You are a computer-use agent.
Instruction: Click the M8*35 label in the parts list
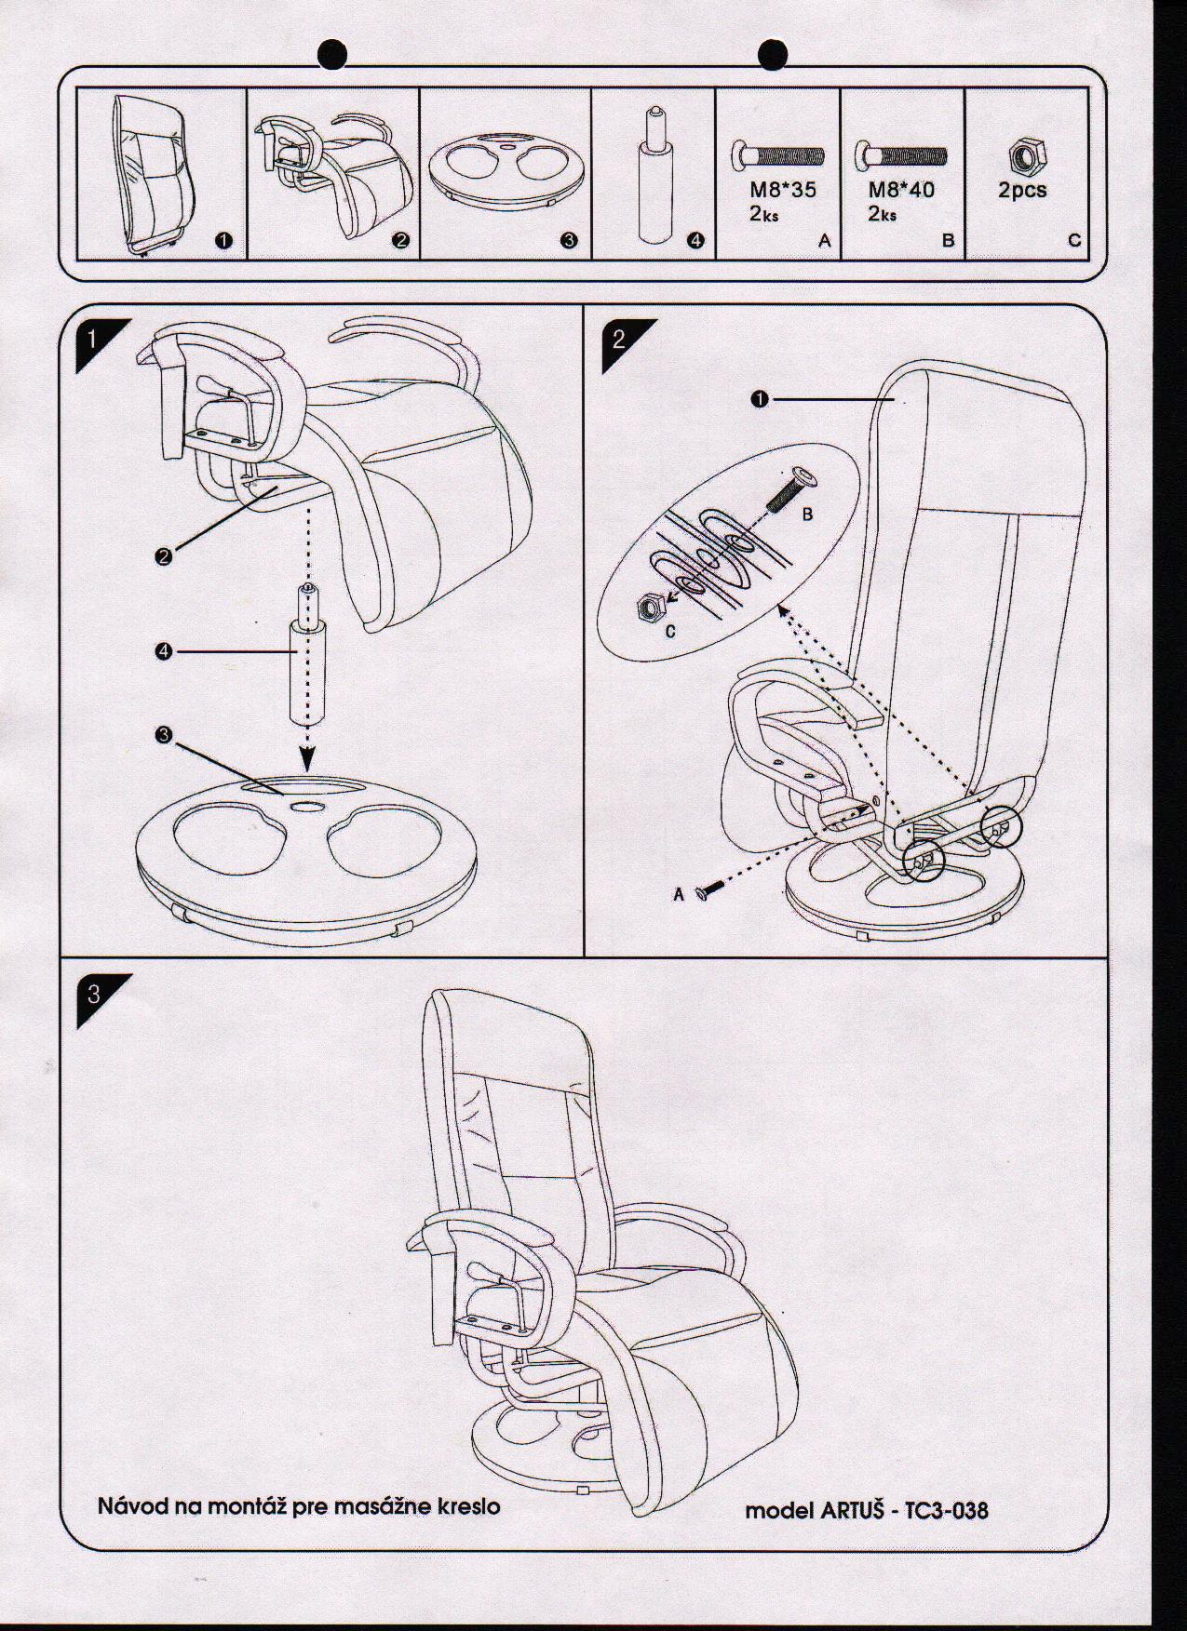point(783,190)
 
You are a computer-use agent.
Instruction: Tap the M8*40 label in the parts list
point(901,190)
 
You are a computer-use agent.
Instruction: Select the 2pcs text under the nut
point(1022,190)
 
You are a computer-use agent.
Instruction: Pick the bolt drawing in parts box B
point(900,154)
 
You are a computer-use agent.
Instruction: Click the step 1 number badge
point(91,338)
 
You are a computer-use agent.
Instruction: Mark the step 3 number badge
point(93,995)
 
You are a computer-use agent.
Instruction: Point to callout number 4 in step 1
point(164,652)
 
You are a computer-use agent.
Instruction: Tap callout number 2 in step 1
point(164,556)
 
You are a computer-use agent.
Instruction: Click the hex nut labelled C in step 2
point(646,608)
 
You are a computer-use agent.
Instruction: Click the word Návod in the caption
point(133,1504)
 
